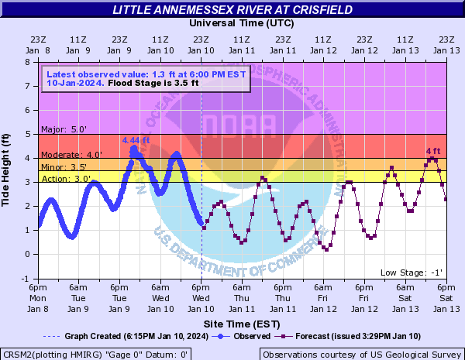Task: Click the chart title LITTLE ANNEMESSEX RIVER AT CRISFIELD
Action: point(232,10)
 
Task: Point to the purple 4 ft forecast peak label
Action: point(433,151)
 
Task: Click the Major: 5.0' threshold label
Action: point(59,130)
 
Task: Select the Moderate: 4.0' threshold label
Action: point(71,155)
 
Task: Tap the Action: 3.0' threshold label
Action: point(61,179)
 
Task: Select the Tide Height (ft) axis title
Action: point(7,170)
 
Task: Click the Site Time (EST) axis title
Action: point(242,323)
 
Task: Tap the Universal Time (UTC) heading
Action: point(242,23)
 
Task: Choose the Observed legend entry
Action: point(246,336)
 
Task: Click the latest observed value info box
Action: point(146,77)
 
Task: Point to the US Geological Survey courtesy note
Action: point(362,354)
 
